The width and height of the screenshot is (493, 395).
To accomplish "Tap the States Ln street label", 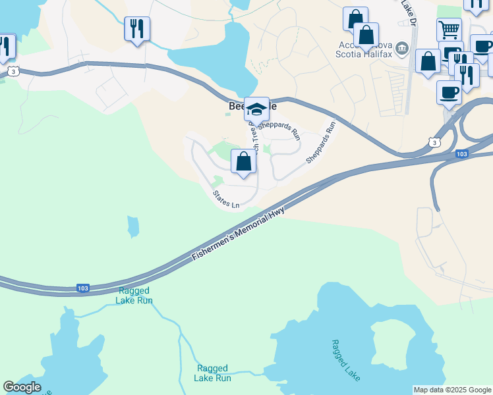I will point(226,199).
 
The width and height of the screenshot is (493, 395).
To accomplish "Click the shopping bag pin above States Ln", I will point(243,161).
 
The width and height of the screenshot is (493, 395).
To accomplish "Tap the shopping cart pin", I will point(449,29).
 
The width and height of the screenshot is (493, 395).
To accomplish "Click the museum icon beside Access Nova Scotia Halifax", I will point(401,51).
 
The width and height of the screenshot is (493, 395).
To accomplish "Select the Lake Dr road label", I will point(409,12).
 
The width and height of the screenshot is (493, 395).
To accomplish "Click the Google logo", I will point(22,387).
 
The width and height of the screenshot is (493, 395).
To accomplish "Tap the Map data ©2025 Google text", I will point(452,390).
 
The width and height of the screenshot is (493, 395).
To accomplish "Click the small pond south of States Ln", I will point(134,226).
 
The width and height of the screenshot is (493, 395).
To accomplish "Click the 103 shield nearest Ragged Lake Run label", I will point(82,288).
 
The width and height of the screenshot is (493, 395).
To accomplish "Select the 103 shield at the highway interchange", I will point(462,154).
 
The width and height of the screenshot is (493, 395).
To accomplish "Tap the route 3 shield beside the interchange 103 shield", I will point(433,142).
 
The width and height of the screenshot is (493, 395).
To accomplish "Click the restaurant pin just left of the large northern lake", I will point(137,29).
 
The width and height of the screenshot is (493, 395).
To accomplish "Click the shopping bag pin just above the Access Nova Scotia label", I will point(366,34).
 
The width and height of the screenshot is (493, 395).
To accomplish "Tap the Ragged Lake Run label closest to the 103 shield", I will point(134,296).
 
